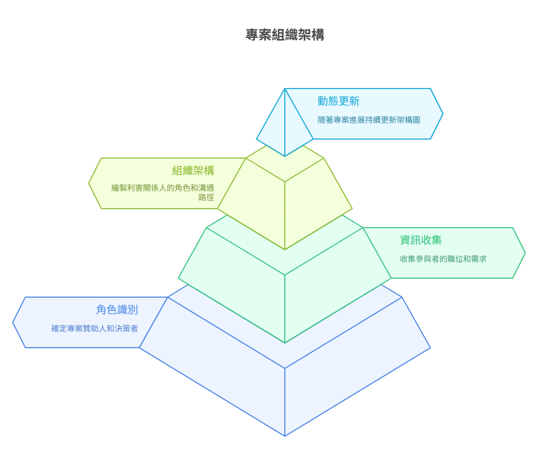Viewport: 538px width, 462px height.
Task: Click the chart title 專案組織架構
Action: [x=284, y=35]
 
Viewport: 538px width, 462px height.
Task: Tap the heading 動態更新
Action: [x=339, y=101]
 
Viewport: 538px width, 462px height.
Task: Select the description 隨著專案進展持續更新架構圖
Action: [x=369, y=120]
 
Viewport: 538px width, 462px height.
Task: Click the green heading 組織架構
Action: [x=193, y=170]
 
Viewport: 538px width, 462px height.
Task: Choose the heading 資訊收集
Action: [x=421, y=240]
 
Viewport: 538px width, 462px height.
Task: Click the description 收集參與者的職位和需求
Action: [x=443, y=259]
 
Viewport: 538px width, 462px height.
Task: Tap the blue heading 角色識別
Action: [x=117, y=310]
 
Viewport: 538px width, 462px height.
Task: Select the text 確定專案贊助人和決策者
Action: [x=94, y=329]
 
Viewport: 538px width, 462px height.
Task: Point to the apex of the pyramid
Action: [x=285, y=89]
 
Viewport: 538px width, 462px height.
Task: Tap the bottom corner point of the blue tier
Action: [x=285, y=436]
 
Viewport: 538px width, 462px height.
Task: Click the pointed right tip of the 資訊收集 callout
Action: [x=525, y=253]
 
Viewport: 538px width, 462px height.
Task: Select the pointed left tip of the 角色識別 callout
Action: [x=13, y=322]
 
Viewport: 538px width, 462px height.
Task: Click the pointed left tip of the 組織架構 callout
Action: [x=89, y=183]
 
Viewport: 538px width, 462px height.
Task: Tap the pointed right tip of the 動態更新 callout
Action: [x=443, y=114]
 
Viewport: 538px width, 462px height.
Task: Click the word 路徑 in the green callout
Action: [x=206, y=198]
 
